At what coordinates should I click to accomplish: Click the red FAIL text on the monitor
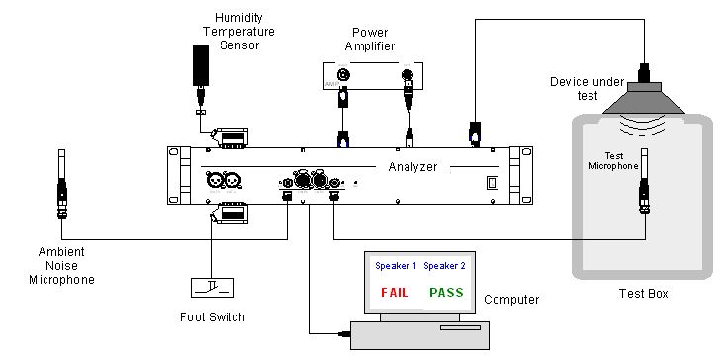pos(395,292)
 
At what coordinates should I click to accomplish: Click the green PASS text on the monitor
pos(446,292)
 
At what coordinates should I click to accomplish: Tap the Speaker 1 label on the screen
pos(396,266)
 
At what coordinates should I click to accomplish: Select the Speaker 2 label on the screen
pos(444,266)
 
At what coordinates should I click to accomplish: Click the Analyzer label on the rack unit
pos(412,167)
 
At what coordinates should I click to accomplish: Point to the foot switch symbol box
pos(213,288)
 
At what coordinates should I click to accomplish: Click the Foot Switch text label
pos(213,317)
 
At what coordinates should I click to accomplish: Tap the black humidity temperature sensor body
pos(200,65)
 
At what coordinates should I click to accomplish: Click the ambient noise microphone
pos(61,183)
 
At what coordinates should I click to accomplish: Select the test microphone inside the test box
pos(645,181)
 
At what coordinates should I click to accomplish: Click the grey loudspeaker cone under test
pos(644,98)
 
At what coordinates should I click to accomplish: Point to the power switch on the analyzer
pos(491,184)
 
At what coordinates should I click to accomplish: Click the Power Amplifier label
pos(370,40)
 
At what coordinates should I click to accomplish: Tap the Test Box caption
pos(644,294)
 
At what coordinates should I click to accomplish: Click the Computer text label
pos(511,300)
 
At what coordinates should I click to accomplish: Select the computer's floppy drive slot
pos(460,327)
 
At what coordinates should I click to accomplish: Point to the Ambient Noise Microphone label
pos(61,266)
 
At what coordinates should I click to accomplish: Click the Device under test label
pos(587,89)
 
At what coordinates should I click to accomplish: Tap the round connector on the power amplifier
pos(343,74)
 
